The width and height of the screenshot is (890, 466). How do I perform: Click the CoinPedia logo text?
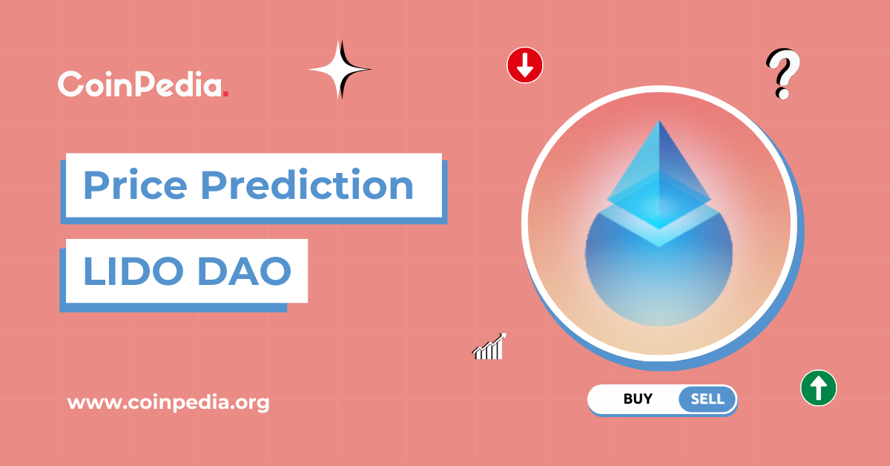[x=141, y=84]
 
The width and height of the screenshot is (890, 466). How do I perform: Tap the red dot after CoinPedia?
[x=225, y=93]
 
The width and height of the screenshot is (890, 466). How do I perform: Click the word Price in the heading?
[x=135, y=185]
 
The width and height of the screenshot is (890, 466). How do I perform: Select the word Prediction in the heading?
[x=307, y=185]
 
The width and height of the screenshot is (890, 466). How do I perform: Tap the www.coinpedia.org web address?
[x=168, y=403]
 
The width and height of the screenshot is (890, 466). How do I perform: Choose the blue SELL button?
[x=707, y=399]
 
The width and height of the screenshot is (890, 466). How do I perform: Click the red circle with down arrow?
[x=525, y=65]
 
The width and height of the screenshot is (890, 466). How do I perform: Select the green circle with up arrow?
[x=818, y=387]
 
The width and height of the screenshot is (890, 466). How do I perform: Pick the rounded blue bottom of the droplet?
[x=659, y=289]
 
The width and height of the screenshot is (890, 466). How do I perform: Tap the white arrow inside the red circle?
[x=525, y=65]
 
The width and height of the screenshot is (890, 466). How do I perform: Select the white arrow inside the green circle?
[x=818, y=387]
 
